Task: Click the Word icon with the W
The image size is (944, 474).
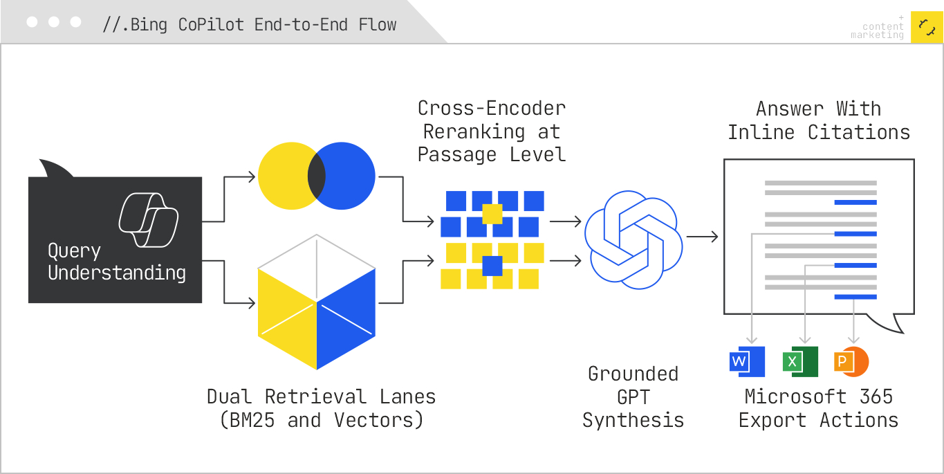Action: click(x=747, y=361)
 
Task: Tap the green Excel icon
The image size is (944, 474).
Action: click(x=800, y=361)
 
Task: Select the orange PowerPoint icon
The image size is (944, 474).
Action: click(x=851, y=361)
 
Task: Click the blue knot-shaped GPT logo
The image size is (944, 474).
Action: click(x=633, y=239)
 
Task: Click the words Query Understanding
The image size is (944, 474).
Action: click(x=116, y=262)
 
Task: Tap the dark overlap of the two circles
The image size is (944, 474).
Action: click(x=317, y=176)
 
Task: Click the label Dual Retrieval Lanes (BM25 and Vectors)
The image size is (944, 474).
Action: click(x=322, y=408)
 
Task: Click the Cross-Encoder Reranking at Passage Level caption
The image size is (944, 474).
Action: click(x=492, y=131)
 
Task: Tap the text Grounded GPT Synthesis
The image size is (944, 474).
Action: click(x=633, y=396)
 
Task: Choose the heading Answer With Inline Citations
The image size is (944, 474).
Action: click(x=819, y=120)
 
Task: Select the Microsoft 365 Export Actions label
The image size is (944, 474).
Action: click(x=819, y=408)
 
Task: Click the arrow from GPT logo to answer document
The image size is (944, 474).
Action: click(x=703, y=237)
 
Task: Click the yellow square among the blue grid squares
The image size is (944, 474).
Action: click(x=492, y=214)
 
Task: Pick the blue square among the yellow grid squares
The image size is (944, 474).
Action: click(x=492, y=266)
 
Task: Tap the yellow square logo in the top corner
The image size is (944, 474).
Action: click(x=927, y=27)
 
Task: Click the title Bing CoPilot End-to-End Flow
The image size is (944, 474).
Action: click(x=250, y=25)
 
